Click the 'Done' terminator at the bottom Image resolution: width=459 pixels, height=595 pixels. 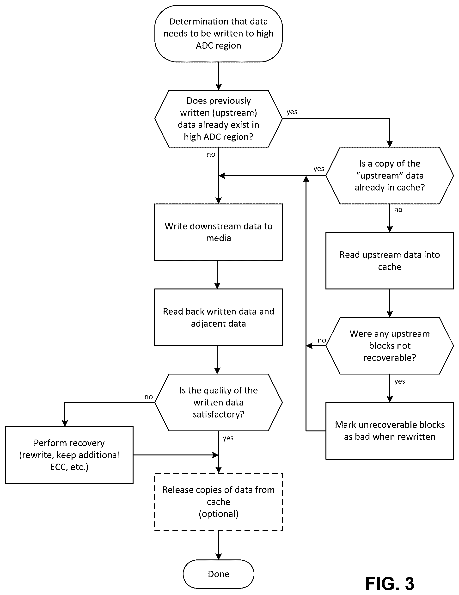[x=219, y=574]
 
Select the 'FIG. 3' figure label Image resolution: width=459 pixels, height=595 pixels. [x=390, y=583]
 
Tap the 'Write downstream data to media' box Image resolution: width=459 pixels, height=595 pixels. [x=219, y=232]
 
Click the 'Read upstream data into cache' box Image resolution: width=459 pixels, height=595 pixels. [x=390, y=261]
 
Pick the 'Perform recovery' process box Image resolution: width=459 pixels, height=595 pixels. [x=69, y=455]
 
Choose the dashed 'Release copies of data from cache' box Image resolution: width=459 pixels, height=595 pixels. [x=219, y=502]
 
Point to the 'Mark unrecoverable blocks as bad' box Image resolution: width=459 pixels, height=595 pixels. [x=390, y=431]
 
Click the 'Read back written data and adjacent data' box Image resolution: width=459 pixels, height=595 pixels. [x=219, y=317]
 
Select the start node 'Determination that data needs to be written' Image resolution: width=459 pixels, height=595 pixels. [x=219, y=34]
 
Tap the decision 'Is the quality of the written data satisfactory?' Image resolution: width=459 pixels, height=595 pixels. [x=219, y=402]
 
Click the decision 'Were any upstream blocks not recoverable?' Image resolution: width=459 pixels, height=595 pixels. [x=390, y=346]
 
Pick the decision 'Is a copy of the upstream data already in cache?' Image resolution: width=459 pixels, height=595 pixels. [x=390, y=175]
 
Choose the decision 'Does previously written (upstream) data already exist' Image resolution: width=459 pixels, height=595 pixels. [x=219, y=119]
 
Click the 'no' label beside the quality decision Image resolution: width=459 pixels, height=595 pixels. [x=148, y=397]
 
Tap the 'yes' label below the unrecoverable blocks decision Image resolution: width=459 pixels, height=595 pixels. [x=400, y=381]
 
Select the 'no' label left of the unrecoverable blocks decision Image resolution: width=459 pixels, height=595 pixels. [x=322, y=340]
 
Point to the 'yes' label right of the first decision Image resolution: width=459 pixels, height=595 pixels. [x=292, y=112]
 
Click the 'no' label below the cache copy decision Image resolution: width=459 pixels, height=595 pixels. [x=398, y=210]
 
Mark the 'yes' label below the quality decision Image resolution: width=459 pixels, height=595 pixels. [x=228, y=438]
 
